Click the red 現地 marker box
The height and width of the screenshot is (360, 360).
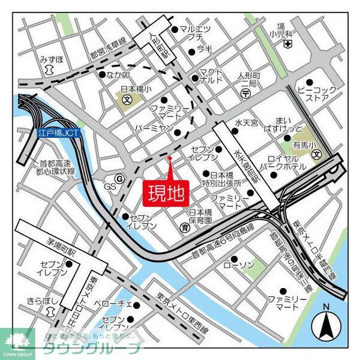pyautogui.click(x=166, y=193)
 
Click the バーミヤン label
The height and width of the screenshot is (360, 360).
pyautogui.click(x=154, y=128)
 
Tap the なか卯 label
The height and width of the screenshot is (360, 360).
pyautogui.click(x=119, y=75)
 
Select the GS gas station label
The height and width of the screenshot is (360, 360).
pyautogui.click(x=110, y=187)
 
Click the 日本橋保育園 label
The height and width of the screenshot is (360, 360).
pyautogui.click(x=200, y=217)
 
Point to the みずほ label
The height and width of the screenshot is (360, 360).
pyautogui.click(x=51, y=59)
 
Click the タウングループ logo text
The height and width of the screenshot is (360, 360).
pyautogui.click(x=91, y=348)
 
